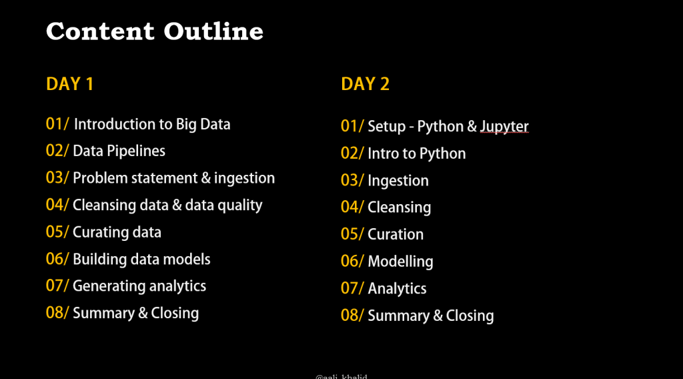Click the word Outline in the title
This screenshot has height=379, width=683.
213,31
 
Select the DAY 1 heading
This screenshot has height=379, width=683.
69,84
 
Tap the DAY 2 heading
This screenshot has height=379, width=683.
365,84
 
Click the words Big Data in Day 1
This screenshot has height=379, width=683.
203,125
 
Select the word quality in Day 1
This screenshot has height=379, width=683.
240,206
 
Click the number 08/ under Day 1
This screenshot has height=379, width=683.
57,313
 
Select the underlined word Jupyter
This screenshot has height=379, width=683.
504,127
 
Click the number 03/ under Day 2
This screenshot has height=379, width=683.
352,180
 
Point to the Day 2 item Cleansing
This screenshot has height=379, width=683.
400,208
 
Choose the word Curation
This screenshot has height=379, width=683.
396,234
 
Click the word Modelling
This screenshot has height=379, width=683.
400,262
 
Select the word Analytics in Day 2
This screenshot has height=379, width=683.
398,288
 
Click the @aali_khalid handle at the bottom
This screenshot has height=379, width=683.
341,376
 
